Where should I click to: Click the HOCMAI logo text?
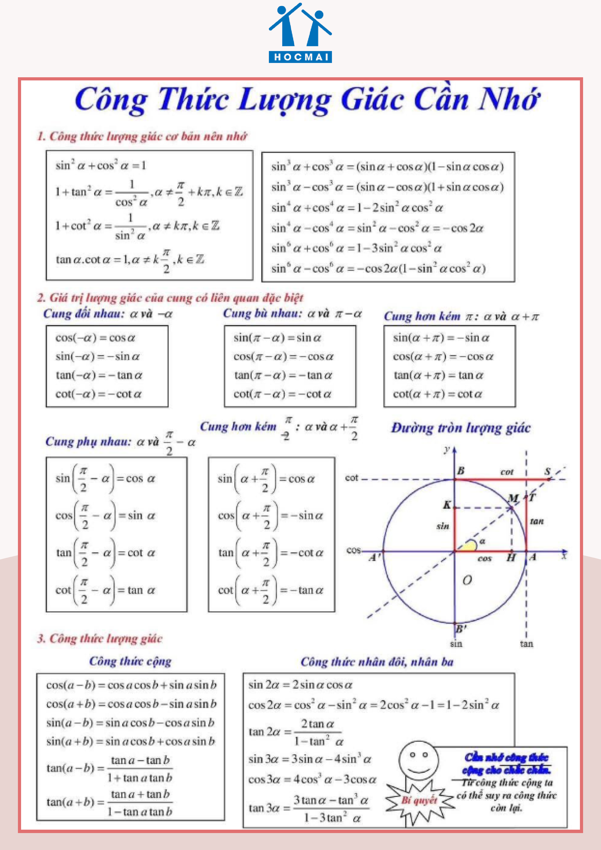(x=300, y=57)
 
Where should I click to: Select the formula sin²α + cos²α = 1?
(x=101, y=165)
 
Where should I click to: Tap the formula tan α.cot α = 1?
(x=130, y=259)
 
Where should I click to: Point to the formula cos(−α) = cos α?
(x=95, y=338)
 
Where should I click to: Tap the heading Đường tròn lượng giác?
(x=461, y=428)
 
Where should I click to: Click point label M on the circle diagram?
(x=513, y=498)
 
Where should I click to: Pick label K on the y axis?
(x=447, y=505)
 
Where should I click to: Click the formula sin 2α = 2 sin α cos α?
(x=300, y=685)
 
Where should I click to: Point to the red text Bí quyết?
(x=420, y=800)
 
